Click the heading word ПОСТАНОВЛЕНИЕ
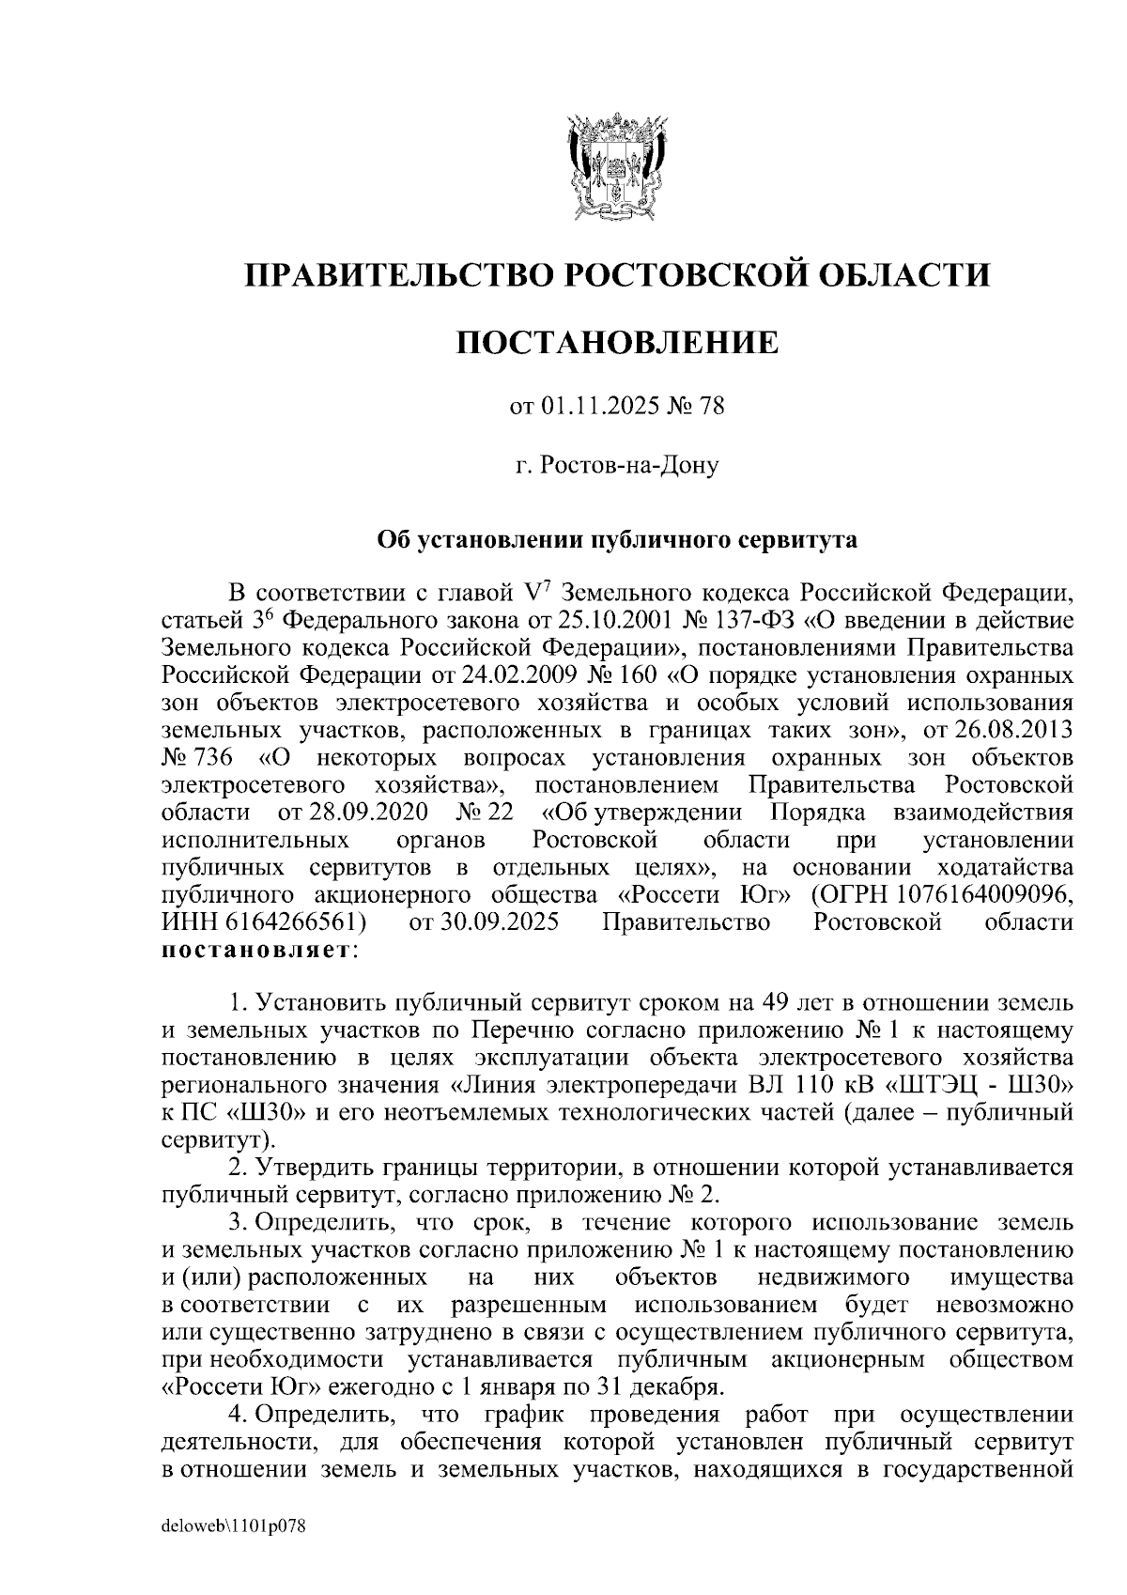point(617,342)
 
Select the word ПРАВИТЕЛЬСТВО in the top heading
point(394,275)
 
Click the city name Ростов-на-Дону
point(628,465)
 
